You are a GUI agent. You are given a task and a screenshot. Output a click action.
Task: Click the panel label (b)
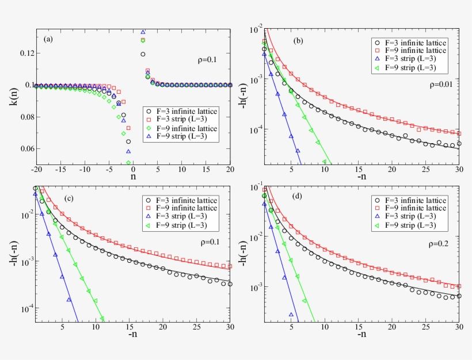pyautogui.click(x=298, y=40)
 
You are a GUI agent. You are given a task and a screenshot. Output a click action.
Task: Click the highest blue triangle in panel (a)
pyautogui.click(x=143, y=32)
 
